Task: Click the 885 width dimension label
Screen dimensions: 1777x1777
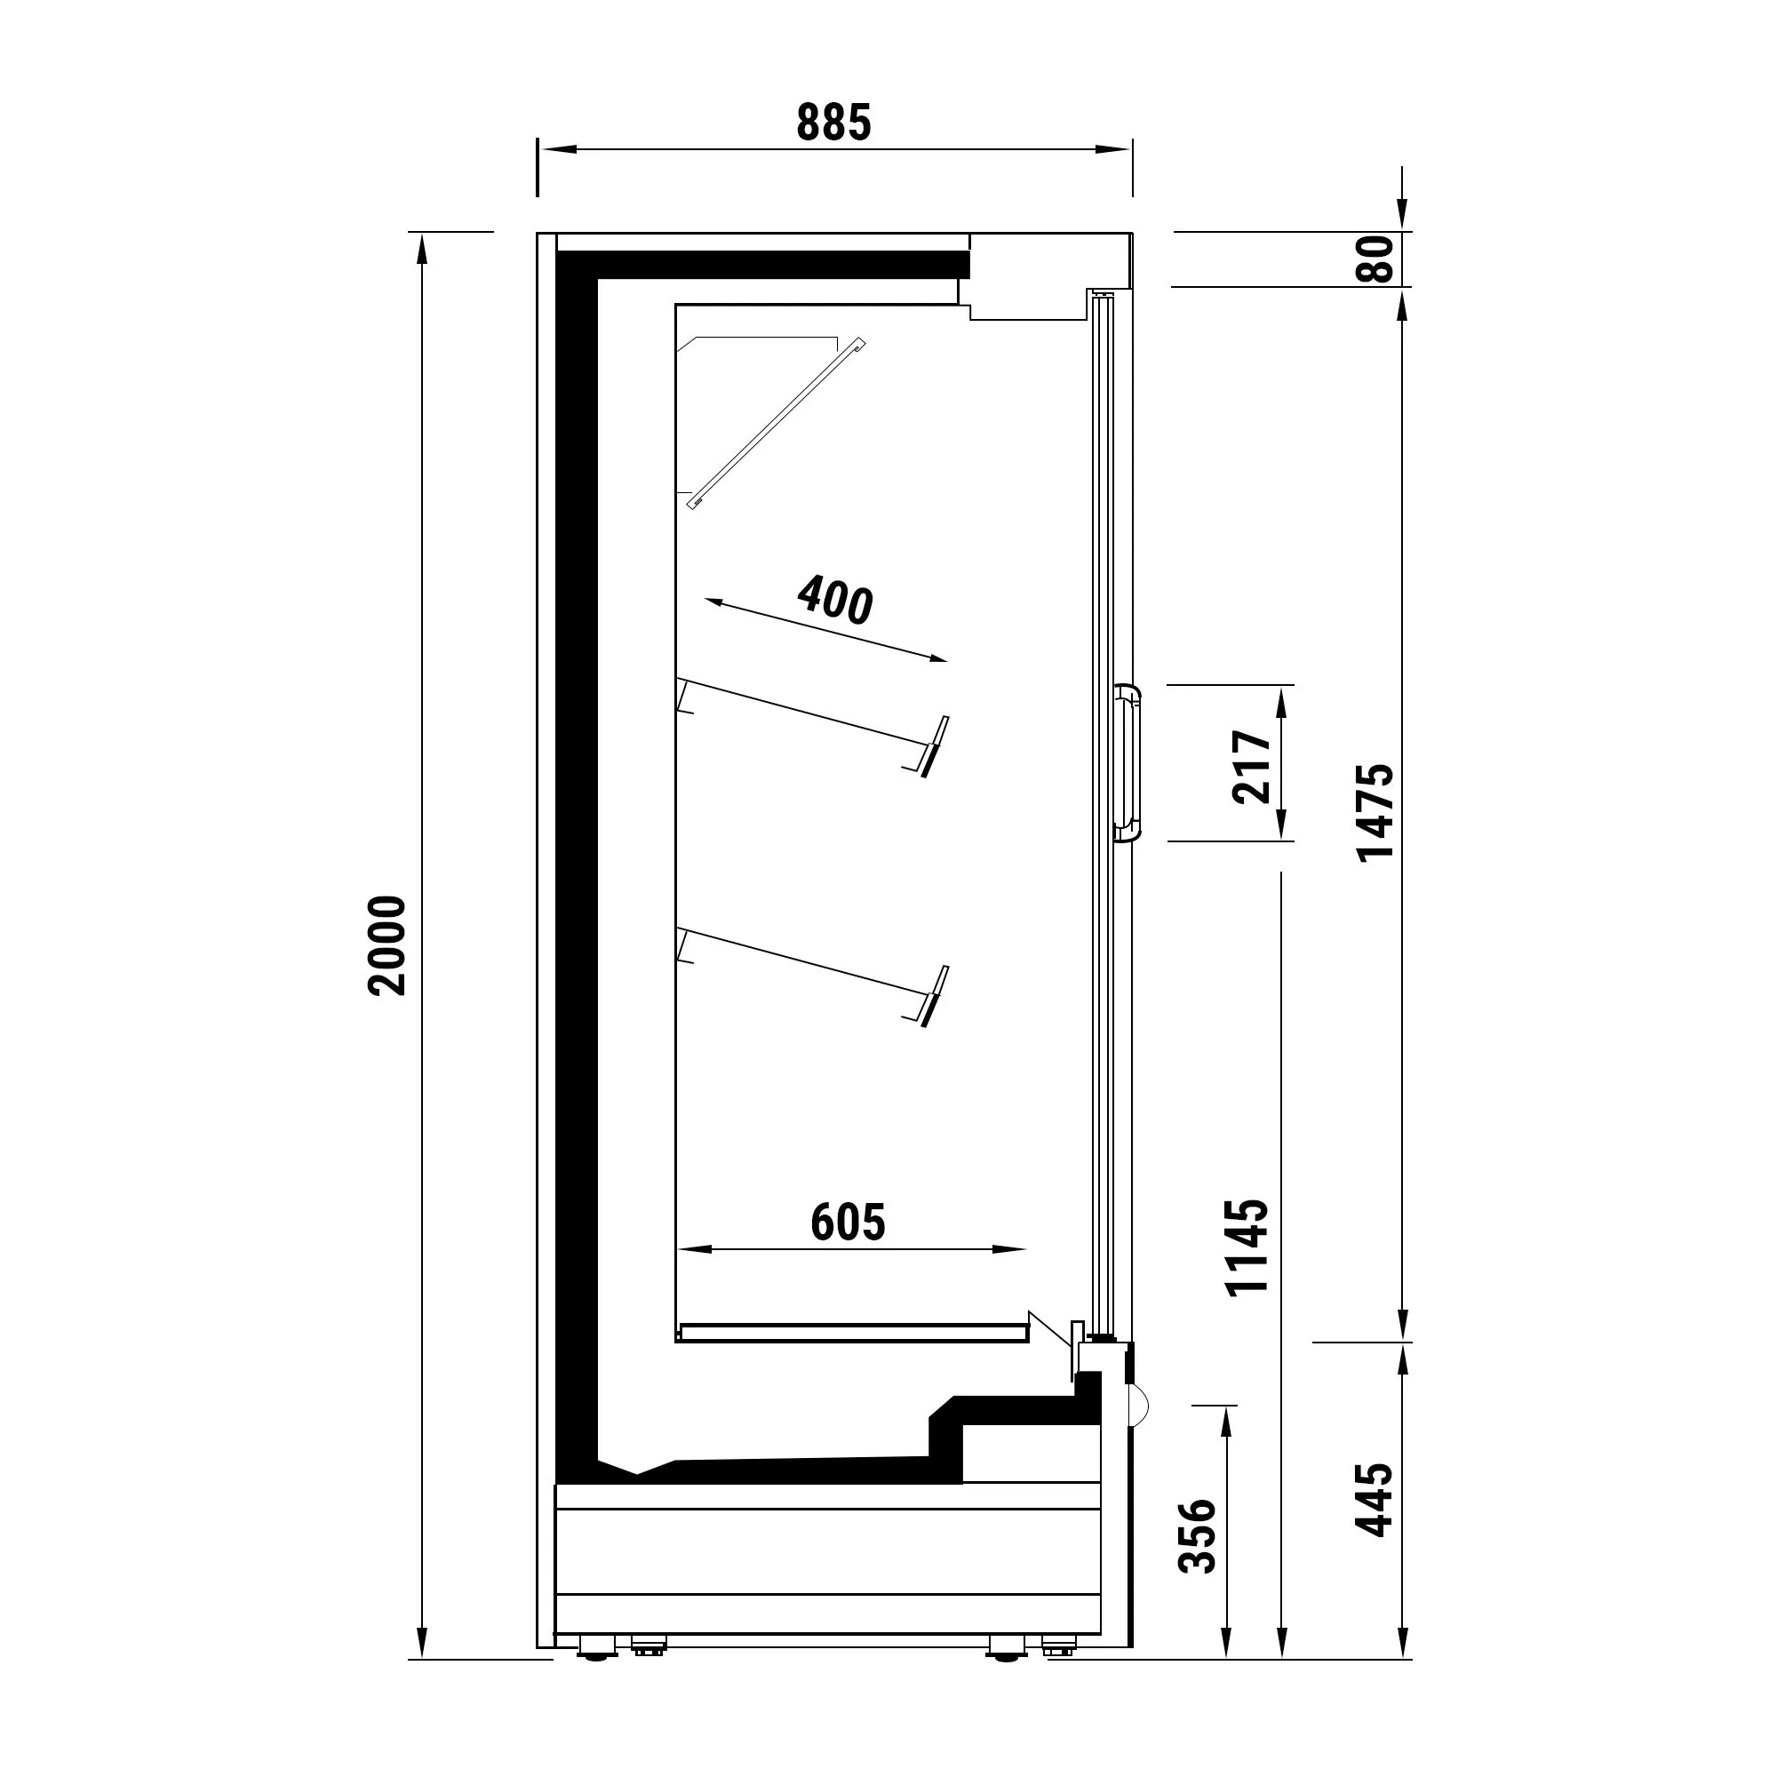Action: point(833,124)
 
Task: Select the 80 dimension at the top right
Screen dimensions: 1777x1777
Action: point(1375,259)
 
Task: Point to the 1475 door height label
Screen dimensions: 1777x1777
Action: point(1375,812)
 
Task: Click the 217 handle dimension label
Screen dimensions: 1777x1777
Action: point(1251,766)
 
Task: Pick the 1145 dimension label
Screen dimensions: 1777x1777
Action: point(1247,1247)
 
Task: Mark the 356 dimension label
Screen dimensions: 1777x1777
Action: point(1198,1536)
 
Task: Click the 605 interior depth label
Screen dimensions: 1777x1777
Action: point(848,1223)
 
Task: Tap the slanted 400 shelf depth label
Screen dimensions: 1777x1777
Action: point(835,599)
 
